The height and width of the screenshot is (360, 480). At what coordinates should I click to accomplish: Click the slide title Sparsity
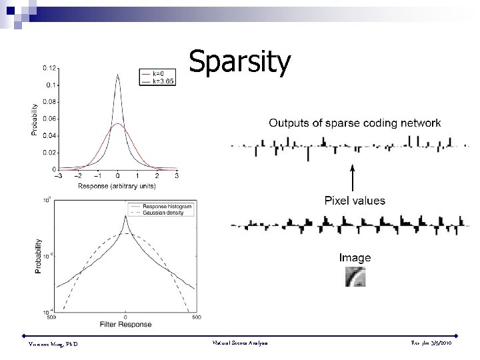point(239,62)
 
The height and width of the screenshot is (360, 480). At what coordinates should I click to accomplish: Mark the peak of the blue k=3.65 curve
point(118,75)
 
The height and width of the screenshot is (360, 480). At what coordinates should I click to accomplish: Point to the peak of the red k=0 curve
point(118,124)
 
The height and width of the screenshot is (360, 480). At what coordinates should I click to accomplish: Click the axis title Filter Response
point(125,325)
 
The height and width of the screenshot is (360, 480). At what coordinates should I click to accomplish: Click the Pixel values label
point(354,200)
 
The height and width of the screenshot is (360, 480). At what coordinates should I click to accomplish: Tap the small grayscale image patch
point(355,277)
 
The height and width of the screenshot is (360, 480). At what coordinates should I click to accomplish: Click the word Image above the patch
point(355,257)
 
